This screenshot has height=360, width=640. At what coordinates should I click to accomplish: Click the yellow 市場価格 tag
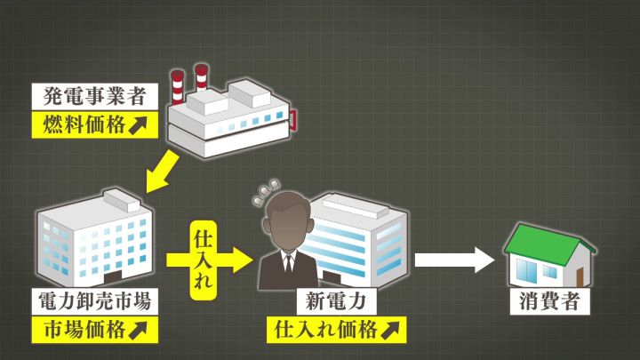click(x=95, y=330)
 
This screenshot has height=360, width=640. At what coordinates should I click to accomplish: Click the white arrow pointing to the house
click(x=453, y=260)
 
